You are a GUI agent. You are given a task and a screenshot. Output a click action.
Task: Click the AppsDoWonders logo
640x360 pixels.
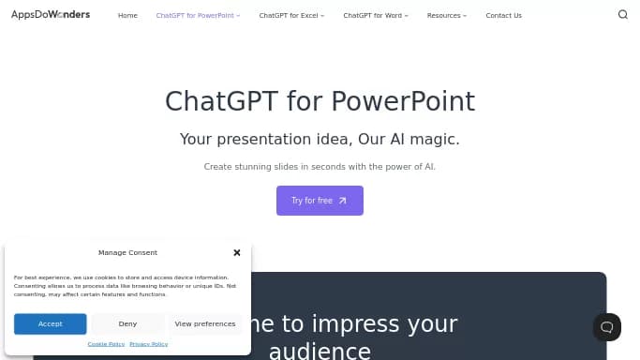(x=51, y=15)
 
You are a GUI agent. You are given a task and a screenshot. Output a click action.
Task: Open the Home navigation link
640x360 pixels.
(x=127, y=16)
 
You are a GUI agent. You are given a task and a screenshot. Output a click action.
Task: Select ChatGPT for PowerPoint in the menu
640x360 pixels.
(x=198, y=16)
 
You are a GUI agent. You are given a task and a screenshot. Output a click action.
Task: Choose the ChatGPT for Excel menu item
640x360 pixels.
(x=291, y=16)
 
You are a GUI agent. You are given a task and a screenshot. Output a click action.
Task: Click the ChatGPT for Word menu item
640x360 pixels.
(x=375, y=16)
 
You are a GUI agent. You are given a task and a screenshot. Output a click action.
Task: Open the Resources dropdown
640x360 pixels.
(x=446, y=16)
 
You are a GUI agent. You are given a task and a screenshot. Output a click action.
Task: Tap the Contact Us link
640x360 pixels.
(x=503, y=16)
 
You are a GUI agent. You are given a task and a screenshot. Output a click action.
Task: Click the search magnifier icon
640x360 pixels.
(x=623, y=15)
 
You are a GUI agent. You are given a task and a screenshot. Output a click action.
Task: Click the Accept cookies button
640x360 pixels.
(x=51, y=323)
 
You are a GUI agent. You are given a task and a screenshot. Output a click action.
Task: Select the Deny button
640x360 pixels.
(x=127, y=323)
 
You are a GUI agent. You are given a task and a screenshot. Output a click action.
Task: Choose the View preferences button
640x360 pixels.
(x=205, y=323)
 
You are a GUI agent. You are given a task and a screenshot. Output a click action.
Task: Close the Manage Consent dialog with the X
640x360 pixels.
(x=237, y=252)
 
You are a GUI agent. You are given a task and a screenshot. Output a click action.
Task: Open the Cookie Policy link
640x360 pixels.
(x=106, y=344)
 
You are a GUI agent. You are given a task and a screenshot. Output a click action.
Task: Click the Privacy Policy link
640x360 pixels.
(x=149, y=344)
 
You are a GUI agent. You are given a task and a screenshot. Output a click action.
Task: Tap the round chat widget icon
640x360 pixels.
(x=607, y=327)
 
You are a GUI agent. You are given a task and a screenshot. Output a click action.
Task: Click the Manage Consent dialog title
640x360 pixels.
(x=127, y=252)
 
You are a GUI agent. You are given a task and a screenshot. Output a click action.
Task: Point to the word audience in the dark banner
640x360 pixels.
(x=320, y=352)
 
